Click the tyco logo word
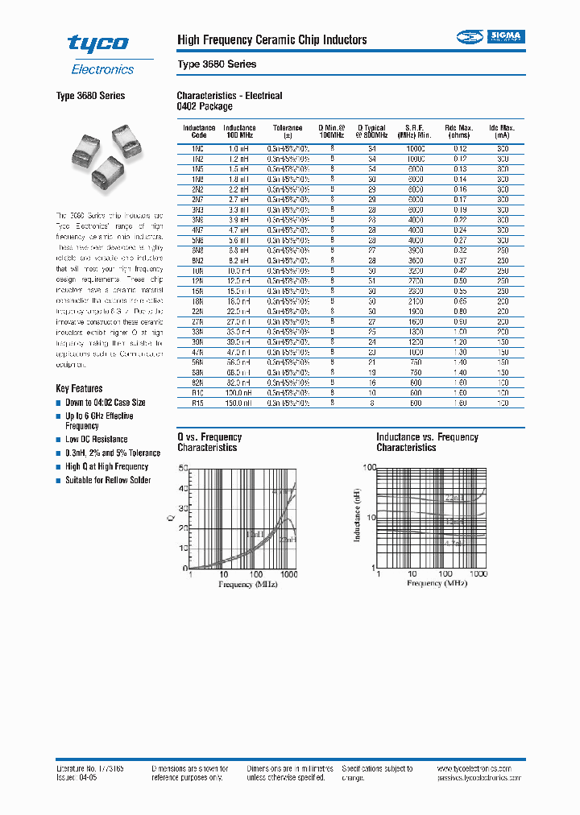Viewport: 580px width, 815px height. (97, 43)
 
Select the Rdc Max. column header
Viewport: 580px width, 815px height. (459, 131)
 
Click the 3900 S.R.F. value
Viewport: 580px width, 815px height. (415, 250)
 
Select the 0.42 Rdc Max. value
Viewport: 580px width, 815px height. (459, 271)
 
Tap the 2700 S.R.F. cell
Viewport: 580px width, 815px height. (415, 280)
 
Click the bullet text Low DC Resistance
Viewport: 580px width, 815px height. (97, 439)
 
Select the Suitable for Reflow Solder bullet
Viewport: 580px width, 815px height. (108, 480)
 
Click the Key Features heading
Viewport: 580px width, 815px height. (79, 388)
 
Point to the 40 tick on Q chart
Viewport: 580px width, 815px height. (183, 488)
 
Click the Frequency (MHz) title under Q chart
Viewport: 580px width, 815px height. (247, 584)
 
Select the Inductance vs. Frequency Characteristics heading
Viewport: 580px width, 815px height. (427, 442)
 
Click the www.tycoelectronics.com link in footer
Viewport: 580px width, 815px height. (481, 769)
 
